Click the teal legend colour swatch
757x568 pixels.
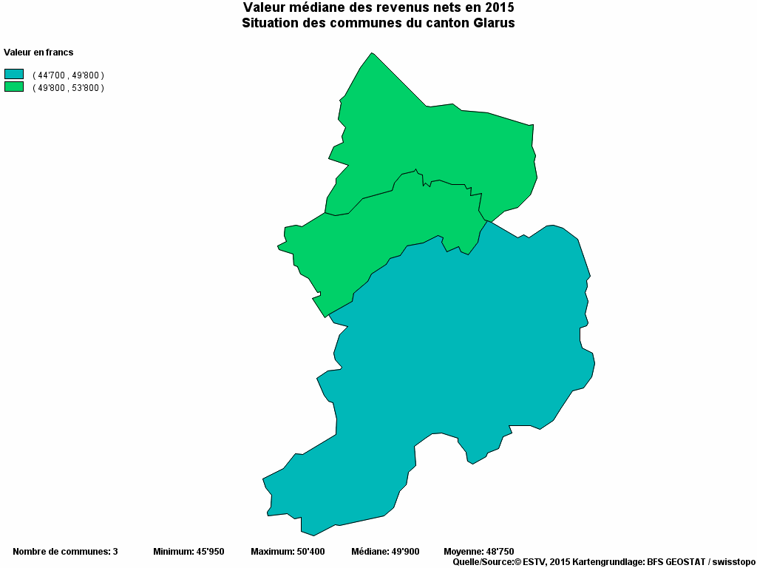pyautogui.click(x=14, y=74)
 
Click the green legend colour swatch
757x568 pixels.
pyautogui.click(x=14, y=87)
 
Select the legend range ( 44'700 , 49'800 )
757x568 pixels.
pyautogui.click(x=68, y=75)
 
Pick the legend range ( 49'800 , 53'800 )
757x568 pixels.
pyautogui.click(x=68, y=87)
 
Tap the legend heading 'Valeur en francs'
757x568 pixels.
pyautogui.click(x=38, y=53)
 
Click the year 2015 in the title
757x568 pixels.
pyautogui.click(x=500, y=7)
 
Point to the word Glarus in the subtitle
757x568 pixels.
pyautogui.click(x=492, y=23)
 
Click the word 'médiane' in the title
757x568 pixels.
pyautogui.click(x=310, y=7)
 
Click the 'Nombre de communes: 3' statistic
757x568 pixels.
pyautogui.click(x=65, y=552)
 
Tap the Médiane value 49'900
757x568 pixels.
pyautogui.click(x=405, y=552)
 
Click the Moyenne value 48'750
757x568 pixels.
pyautogui.click(x=498, y=552)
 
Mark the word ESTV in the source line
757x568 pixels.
pyautogui.click(x=534, y=562)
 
